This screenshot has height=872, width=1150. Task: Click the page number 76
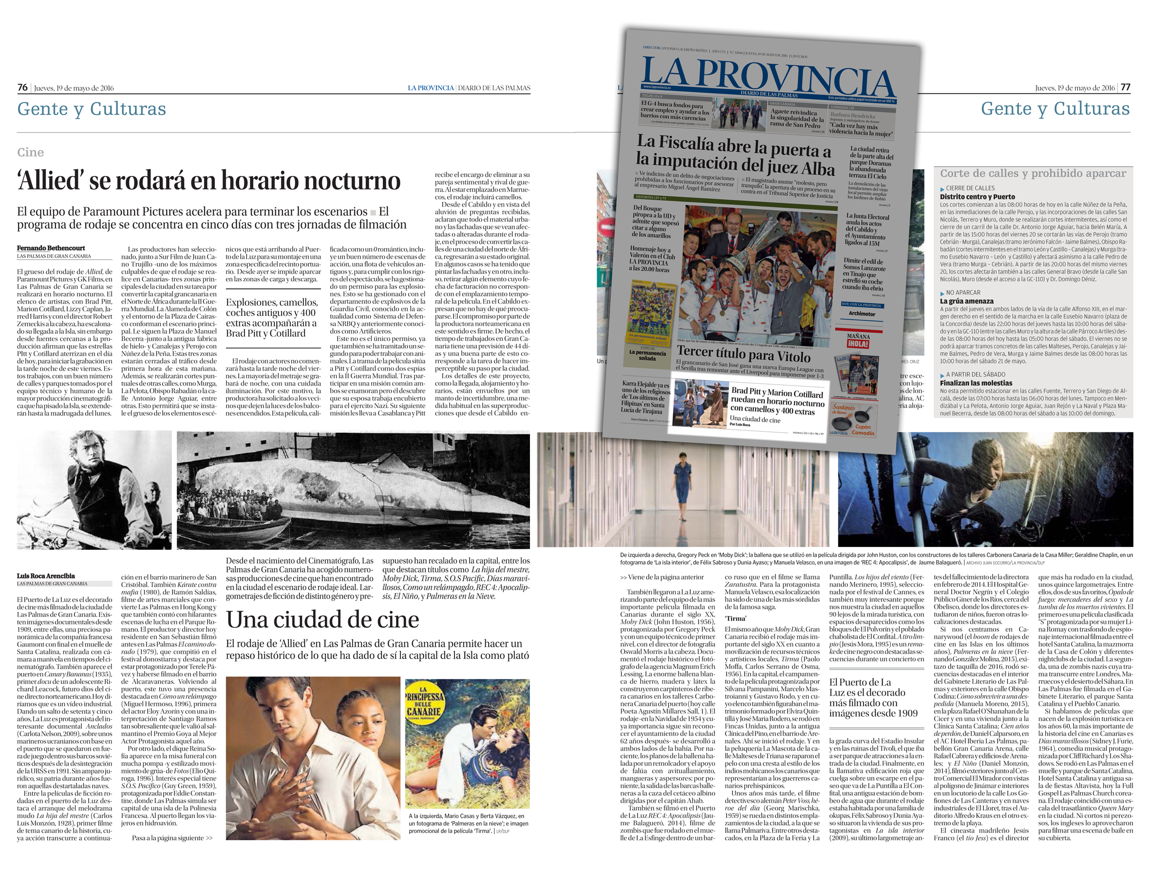coord(22,87)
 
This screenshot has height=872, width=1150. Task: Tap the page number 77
coord(1125,87)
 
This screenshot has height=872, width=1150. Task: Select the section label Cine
coord(30,153)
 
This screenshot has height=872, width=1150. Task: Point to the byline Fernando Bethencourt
coord(51,248)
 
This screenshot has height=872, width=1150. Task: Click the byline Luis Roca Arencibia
coord(46,576)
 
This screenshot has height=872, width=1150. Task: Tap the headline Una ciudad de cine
coord(322,620)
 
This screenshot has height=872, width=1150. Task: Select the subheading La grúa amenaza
coord(966,301)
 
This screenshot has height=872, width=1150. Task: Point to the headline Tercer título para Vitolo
coord(743,354)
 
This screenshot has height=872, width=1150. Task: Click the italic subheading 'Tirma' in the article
coord(735,619)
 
